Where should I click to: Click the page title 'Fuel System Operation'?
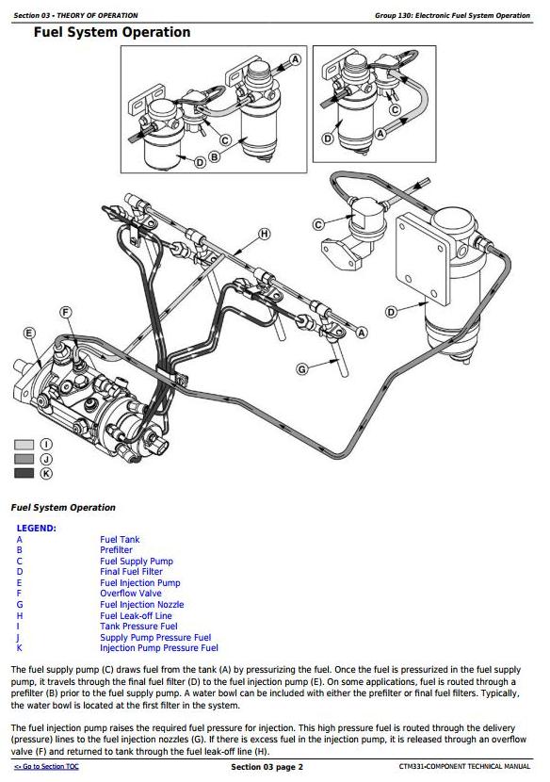click(x=112, y=32)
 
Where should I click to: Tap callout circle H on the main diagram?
click(x=265, y=234)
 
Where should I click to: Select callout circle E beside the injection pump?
click(x=29, y=334)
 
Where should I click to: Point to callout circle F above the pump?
click(x=66, y=313)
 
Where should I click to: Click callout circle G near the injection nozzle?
click(x=302, y=369)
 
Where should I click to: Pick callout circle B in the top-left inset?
click(x=214, y=157)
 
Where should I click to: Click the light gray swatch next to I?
click(x=24, y=445)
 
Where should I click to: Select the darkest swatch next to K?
click(x=24, y=473)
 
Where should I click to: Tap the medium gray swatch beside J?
click(x=24, y=459)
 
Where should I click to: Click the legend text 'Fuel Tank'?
click(x=120, y=539)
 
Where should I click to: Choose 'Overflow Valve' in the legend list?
click(x=131, y=593)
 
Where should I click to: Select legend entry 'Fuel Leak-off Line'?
click(x=136, y=615)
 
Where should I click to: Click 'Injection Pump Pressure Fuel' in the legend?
click(x=159, y=648)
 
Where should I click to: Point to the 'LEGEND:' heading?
click(x=37, y=529)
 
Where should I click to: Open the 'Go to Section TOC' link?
click(x=46, y=767)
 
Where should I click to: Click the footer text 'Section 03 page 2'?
click(x=267, y=767)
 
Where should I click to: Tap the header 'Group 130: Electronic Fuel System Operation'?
click(x=452, y=15)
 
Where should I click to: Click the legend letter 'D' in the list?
click(x=20, y=572)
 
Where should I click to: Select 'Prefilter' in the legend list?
click(x=116, y=549)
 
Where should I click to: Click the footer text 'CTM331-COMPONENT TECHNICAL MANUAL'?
click(x=464, y=767)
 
